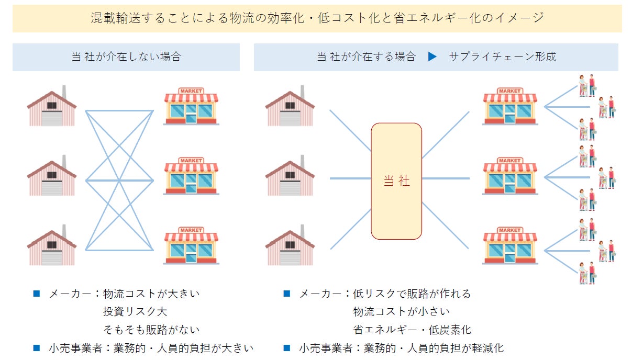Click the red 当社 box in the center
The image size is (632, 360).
(x=396, y=181)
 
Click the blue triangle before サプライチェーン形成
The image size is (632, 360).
(x=432, y=57)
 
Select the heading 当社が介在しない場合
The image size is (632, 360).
(x=126, y=57)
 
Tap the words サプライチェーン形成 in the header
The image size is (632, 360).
(x=502, y=57)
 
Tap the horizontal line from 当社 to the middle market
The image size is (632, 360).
(x=446, y=178)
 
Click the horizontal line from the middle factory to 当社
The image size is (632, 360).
(x=350, y=178)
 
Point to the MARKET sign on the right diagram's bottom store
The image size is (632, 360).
(x=509, y=230)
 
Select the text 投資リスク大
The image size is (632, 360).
(x=135, y=312)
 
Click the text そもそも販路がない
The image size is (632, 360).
(x=151, y=330)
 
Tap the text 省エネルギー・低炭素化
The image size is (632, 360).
(x=412, y=330)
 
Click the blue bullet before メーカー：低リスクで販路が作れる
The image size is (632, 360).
(x=286, y=294)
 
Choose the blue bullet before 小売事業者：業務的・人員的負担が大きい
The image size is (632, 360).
(x=36, y=347)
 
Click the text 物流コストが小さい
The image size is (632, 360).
(x=401, y=312)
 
